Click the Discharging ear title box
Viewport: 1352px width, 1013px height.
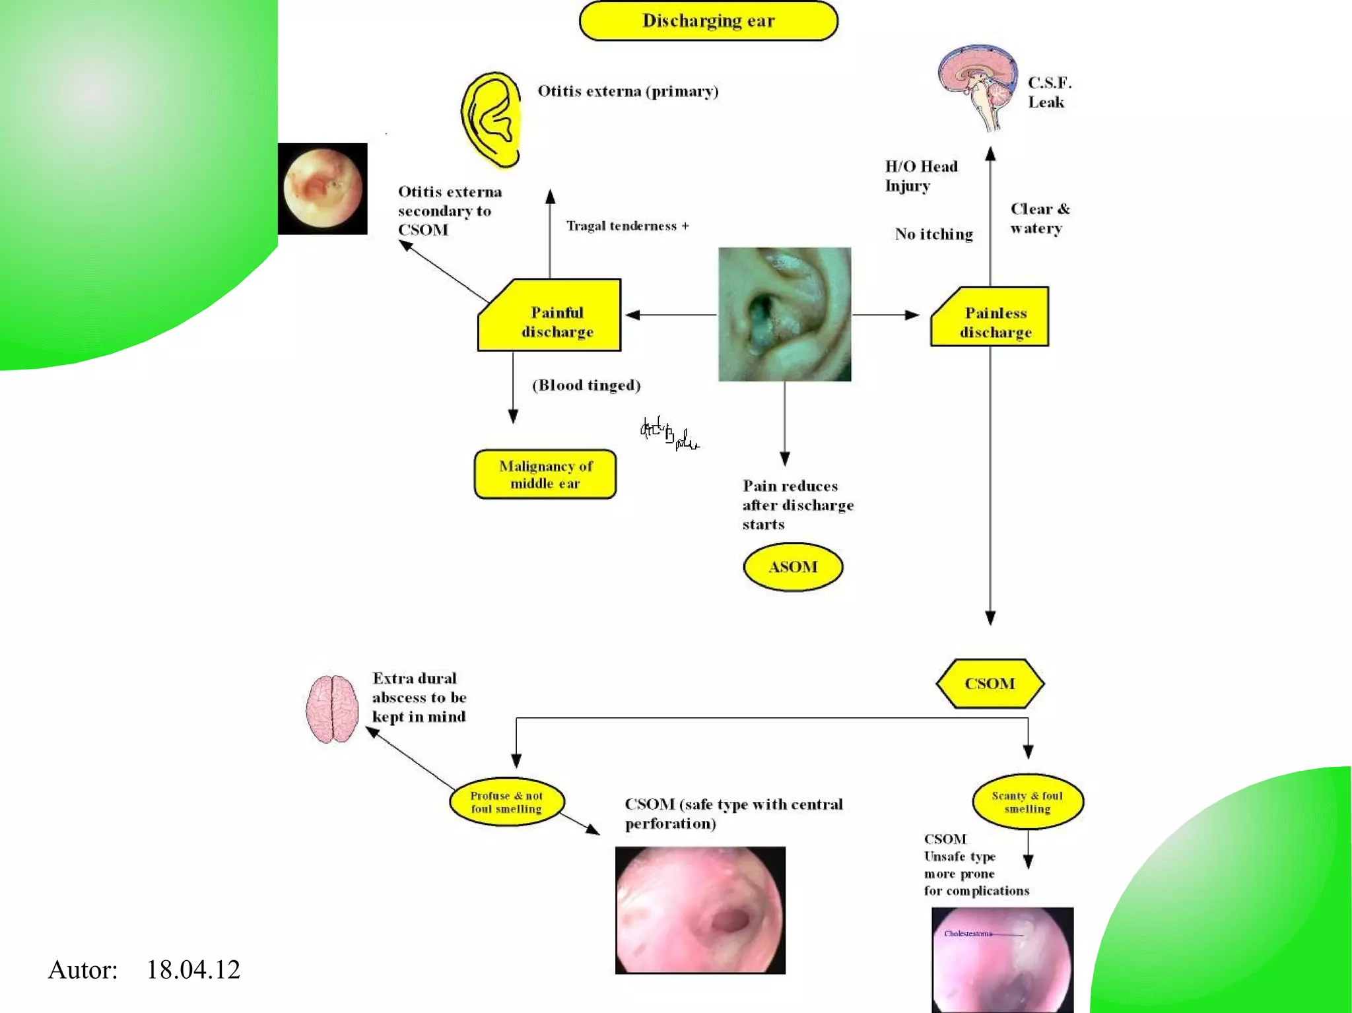[x=708, y=21]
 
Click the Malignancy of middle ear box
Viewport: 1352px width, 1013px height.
[x=545, y=474]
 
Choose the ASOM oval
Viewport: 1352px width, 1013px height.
[x=793, y=567]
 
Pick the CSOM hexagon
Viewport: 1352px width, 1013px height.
[x=990, y=684]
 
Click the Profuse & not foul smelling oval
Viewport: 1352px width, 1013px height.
[x=506, y=802]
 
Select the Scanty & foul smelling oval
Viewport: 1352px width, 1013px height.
[x=1027, y=802]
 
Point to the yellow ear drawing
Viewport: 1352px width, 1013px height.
[x=491, y=119]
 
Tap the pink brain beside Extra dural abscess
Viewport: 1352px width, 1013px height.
[x=332, y=709]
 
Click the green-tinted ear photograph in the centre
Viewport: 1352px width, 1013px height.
[x=784, y=314]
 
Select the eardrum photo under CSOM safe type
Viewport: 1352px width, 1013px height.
[x=700, y=910]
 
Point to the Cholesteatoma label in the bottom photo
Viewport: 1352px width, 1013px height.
[x=967, y=933]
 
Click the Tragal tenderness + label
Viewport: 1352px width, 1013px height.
[x=627, y=226]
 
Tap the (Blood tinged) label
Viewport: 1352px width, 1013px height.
[x=586, y=385]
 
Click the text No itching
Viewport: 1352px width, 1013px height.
[x=933, y=234]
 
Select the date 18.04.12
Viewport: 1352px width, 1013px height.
[x=193, y=969]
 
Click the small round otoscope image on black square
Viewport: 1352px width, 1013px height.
[x=323, y=189]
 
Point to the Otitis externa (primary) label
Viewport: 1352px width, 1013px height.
[x=628, y=91]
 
